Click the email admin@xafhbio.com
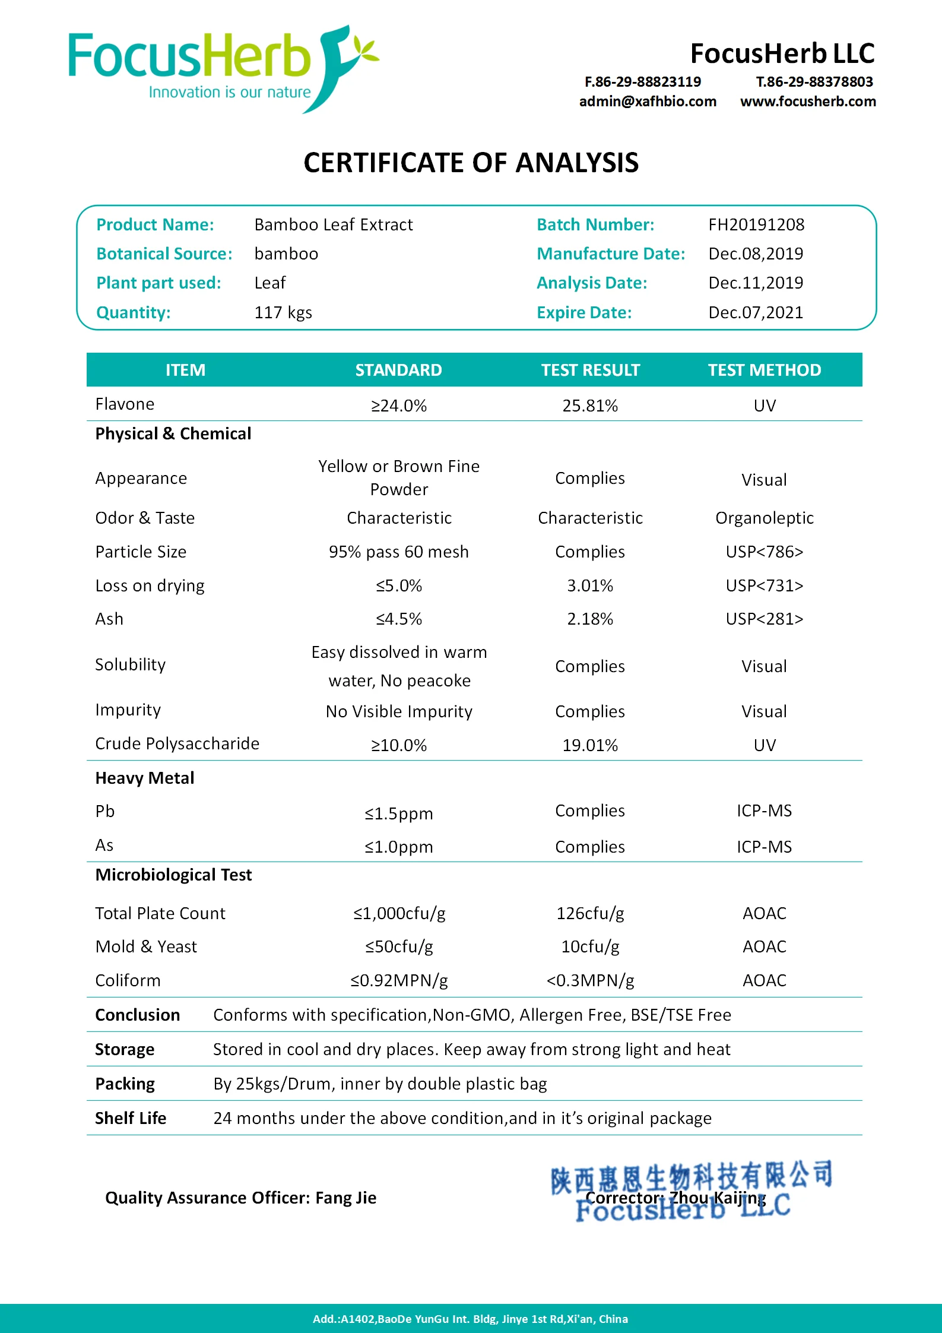point(648,102)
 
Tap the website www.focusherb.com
point(808,102)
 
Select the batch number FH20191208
point(756,224)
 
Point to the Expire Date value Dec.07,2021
point(756,312)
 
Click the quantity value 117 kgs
point(283,312)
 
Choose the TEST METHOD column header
point(764,370)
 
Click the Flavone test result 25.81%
point(590,406)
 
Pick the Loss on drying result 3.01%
point(590,585)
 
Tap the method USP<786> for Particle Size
point(764,552)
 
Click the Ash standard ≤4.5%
point(399,619)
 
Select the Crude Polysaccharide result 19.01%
point(590,745)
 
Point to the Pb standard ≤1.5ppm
point(399,813)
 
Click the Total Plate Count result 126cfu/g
point(590,913)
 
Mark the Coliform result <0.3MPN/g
point(590,980)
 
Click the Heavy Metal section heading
point(145,778)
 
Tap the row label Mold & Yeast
point(146,946)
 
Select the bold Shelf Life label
point(131,1118)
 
